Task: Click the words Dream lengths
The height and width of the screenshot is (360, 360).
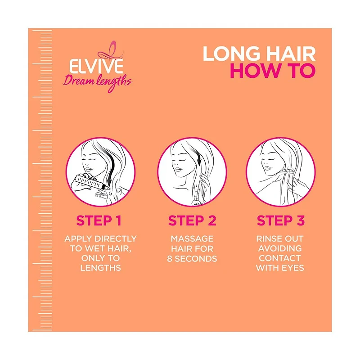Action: click(x=97, y=82)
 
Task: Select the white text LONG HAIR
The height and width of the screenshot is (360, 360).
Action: click(x=259, y=54)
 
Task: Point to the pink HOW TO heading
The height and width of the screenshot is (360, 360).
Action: click(x=273, y=71)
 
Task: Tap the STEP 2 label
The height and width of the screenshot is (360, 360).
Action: click(x=192, y=221)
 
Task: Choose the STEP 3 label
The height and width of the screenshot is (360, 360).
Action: click(x=281, y=221)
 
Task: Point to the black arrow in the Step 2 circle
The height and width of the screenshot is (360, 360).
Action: click(x=198, y=161)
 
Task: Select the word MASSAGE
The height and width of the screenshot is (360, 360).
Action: click(x=192, y=238)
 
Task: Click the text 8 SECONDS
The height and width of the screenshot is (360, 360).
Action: click(x=192, y=258)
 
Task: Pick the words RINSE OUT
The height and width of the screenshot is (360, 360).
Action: click(x=280, y=238)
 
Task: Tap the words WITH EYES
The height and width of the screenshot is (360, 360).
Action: click(x=280, y=268)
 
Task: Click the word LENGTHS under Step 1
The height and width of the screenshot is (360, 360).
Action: click(x=100, y=268)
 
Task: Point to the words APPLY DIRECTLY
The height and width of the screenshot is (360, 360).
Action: click(x=100, y=238)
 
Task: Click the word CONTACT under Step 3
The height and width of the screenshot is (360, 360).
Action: click(x=280, y=258)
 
